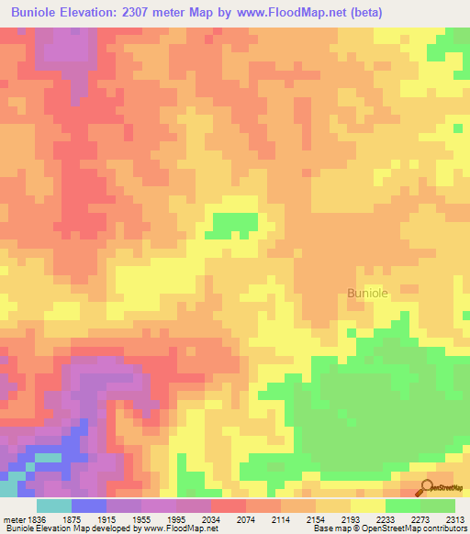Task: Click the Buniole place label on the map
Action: [367, 293]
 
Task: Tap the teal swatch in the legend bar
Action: [53, 506]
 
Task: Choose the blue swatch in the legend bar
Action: [88, 506]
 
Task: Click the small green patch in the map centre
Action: [233, 224]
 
